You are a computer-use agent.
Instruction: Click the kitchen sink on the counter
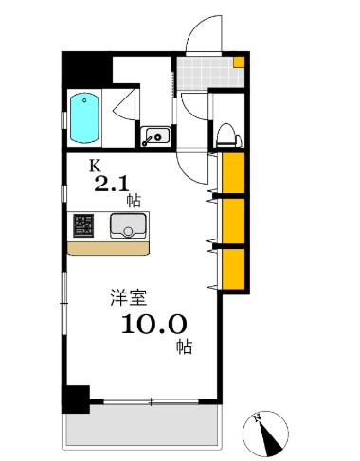pyautogui.click(x=125, y=225)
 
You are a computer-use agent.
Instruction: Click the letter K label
pyautogui.click(x=94, y=165)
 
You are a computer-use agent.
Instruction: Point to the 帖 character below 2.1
pyautogui.click(x=134, y=201)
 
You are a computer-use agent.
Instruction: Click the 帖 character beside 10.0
pyautogui.click(x=183, y=346)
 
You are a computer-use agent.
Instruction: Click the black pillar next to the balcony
pyautogui.click(x=76, y=398)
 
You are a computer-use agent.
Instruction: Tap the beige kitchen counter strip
pyautogui.click(x=108, y=248)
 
